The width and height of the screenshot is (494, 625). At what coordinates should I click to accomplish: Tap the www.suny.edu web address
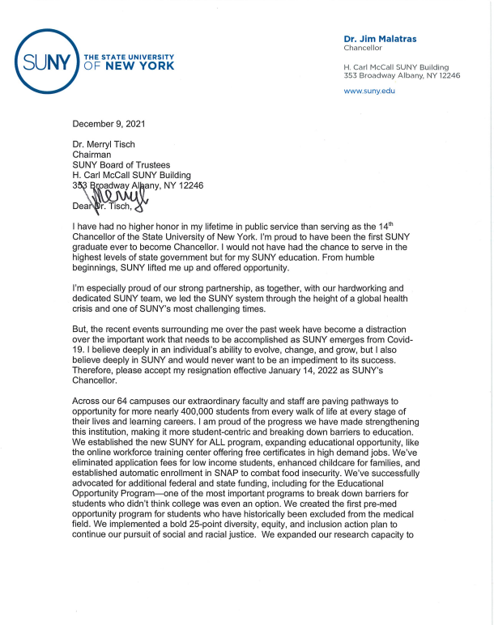pyautogui.click(x=369, y=91)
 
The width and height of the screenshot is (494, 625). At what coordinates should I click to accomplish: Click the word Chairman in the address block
pyautogui.click(x=93, y=153)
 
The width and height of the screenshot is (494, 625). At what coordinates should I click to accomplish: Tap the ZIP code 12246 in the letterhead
pyautogui.click(x=456, y=75)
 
